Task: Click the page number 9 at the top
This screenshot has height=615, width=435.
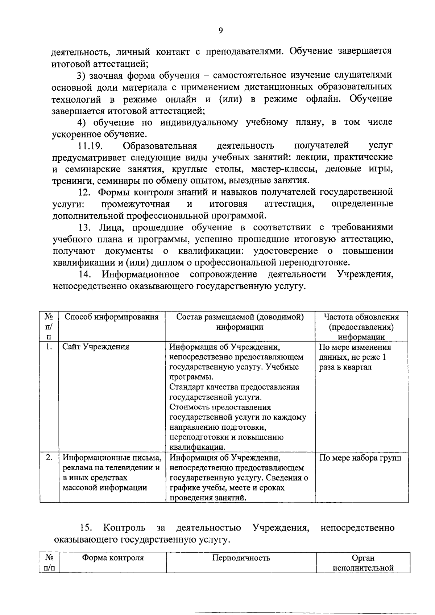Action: (x=220, y=30)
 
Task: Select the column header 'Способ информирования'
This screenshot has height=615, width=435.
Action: (x=111, y=317)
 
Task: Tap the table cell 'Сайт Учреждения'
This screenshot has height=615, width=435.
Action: (x=96, y=347)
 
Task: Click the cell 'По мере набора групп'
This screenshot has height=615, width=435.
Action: (x=360, y=458)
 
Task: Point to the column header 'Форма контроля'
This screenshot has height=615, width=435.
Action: (x=113, y=558)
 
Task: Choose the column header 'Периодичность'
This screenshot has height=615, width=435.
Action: (x=241, y=558)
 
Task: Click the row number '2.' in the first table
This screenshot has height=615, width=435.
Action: (x=49, y=458)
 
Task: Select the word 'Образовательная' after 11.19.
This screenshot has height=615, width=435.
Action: (x=160, y=146)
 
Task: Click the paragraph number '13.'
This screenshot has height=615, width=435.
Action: (x=85, y=228)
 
